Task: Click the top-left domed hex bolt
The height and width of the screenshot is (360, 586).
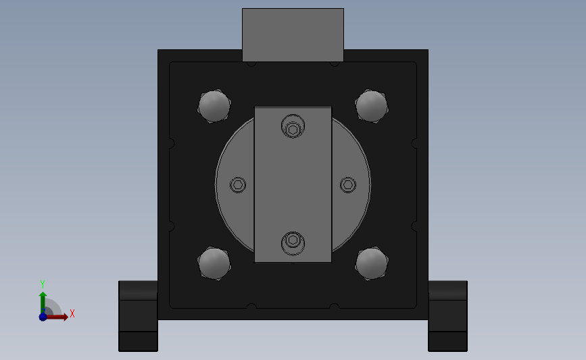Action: tap(214, 105)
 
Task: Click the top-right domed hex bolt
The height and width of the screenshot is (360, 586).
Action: tap(372, 105)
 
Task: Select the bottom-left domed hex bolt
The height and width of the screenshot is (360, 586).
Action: tap(214, 263)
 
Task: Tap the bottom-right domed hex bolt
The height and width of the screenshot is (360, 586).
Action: tap(372, 263)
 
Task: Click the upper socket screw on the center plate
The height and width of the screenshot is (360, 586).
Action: tap(293, 126)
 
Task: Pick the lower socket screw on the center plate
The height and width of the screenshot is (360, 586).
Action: tap(293, 243)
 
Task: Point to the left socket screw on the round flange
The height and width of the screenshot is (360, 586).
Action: tap(238, 184)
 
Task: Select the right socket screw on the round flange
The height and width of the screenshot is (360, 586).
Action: tap(348, 184)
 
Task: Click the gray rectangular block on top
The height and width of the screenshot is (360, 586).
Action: tap(293, 34)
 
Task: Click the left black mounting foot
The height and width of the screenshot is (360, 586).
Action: tap(138, 316)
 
